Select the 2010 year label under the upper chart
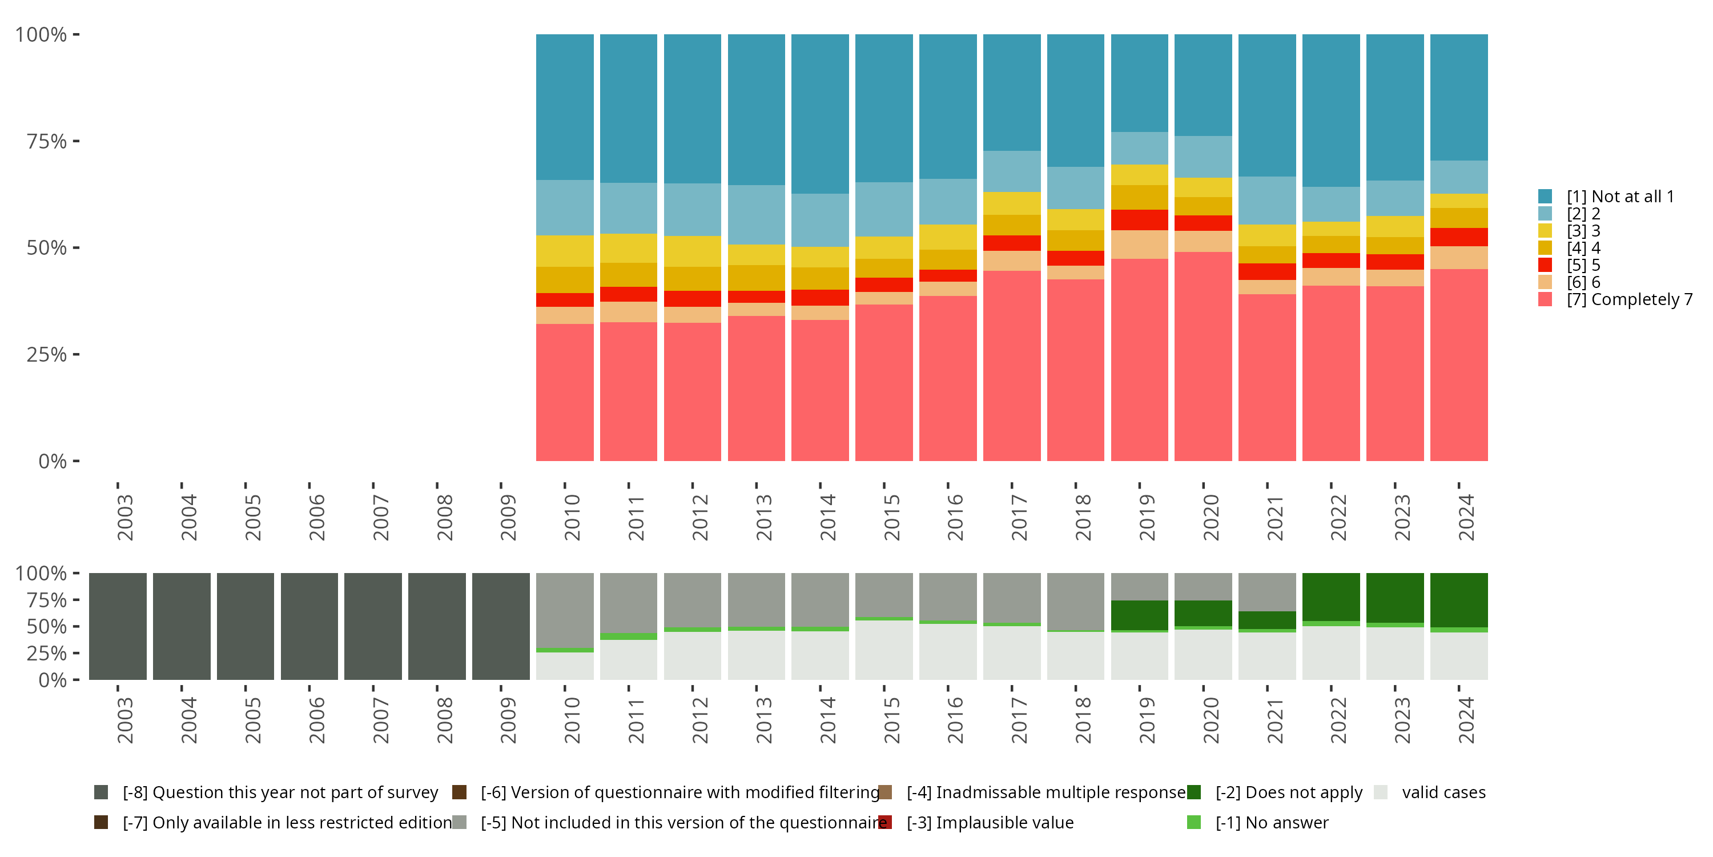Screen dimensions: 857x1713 point(572,517)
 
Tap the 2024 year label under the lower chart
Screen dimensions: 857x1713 point(1466,720)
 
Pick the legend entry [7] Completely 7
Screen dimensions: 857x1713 point(1629,299)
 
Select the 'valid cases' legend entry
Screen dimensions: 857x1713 point(1443,792)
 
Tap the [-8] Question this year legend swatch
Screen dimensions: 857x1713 point(101,792)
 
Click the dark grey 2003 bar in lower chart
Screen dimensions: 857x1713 point(118,626)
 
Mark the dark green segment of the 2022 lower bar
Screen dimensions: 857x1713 point(1330,597)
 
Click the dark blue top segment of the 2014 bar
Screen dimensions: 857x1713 point(820,114)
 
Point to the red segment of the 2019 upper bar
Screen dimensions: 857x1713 point(1139,219)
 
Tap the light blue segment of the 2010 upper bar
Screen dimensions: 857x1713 point(565,207)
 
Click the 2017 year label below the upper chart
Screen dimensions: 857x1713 point(1019,517)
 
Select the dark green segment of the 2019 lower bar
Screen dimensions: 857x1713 point(1139,615)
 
